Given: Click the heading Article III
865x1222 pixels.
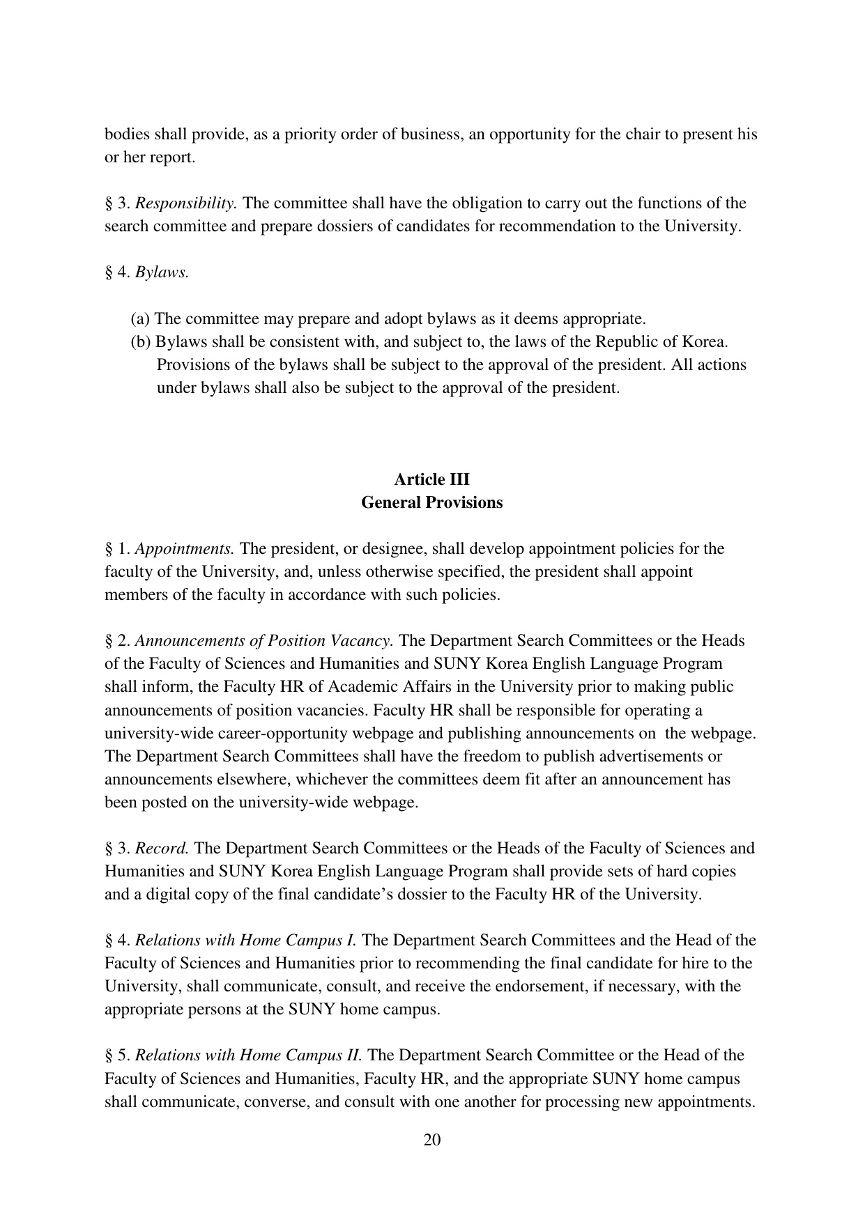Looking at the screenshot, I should (431, 480).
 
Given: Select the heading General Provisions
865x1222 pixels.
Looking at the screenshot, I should (431, 503).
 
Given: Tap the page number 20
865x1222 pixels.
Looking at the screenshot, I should (432, 1140).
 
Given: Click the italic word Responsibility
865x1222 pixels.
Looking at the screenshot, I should (186, 203).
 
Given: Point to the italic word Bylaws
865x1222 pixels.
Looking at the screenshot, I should (162, 272).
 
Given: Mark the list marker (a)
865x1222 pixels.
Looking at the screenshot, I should (140, 319).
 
